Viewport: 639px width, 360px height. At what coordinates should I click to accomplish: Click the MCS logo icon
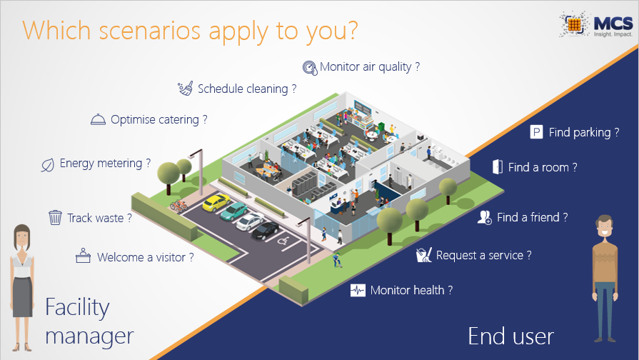(x=574, y=24)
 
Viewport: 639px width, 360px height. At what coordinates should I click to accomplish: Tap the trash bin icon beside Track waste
(x=55, y=217)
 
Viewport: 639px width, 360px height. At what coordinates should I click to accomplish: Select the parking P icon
(x=536, y=132)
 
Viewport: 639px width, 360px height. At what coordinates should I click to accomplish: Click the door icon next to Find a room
(x=498, y=166)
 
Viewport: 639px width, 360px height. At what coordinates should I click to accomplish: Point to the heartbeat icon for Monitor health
(x=358, y=290)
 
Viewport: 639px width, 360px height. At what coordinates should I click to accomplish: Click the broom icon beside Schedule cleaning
(x=186, y=88)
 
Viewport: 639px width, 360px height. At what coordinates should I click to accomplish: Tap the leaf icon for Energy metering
(x=48, y=165)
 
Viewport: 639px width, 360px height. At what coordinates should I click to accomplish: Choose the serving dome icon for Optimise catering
(x=98, y=119)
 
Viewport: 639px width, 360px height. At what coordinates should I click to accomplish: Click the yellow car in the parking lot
(x=216, y=202)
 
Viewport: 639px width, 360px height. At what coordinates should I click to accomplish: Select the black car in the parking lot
(x=265, y=230)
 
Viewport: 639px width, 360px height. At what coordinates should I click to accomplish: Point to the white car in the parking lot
(x=250, y=221)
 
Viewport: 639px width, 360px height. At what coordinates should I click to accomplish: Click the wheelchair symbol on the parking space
(x=283, y=241)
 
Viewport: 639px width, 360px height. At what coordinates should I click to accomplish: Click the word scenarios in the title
(x=149, y=30)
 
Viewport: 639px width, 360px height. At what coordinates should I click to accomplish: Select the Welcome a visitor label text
(x=146, y=258)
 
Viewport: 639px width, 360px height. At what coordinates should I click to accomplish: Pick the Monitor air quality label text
(x=370, y=67)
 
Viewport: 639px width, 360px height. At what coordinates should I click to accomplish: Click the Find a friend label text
(x=532, y=217)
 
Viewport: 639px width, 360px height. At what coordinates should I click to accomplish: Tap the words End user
(x=510, y=336)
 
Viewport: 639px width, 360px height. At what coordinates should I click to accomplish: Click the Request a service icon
(x=424, y=255)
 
